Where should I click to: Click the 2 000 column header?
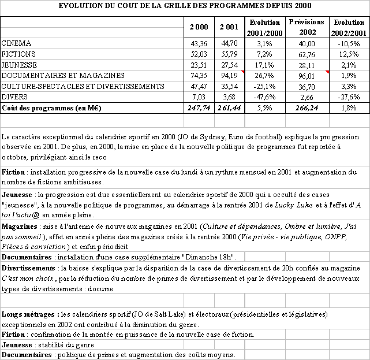click(x=199, y=27)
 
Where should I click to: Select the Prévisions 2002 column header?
click(x=307, y=27)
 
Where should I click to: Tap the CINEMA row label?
click(x=16, y=43)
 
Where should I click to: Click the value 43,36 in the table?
click(x=199, y=43)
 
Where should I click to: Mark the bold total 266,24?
click(x=307, y=107)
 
